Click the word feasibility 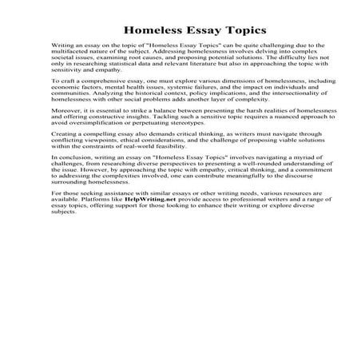pos(183,206)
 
